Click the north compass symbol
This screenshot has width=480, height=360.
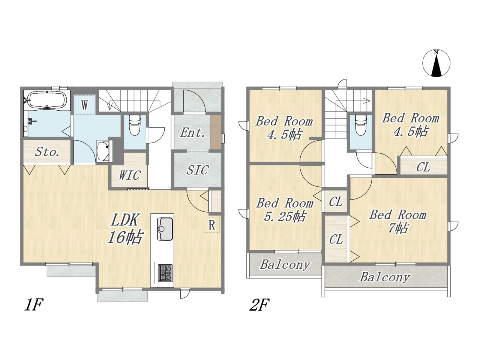coord(436,63)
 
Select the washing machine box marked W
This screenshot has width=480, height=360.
coord(85,105)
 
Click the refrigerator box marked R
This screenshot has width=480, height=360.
coord(211,225)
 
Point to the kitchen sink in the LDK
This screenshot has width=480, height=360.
coord(165,229)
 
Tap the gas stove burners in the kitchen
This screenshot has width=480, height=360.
coord(165,273)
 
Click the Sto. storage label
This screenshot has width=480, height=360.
coord(47,152)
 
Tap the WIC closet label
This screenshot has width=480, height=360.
coord(129,175)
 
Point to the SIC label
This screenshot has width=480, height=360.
coord(197,170)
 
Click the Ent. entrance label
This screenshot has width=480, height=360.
coord(192,133)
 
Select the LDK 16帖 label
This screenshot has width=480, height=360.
coord(125,229)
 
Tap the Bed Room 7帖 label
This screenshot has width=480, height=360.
coord(398,221)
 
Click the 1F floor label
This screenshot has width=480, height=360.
coord(33,305)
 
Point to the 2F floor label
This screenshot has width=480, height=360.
coord(259,305)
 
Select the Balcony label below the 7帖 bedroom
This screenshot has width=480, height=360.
coord(385,277)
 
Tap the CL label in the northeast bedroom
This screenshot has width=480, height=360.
coord(423,167)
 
